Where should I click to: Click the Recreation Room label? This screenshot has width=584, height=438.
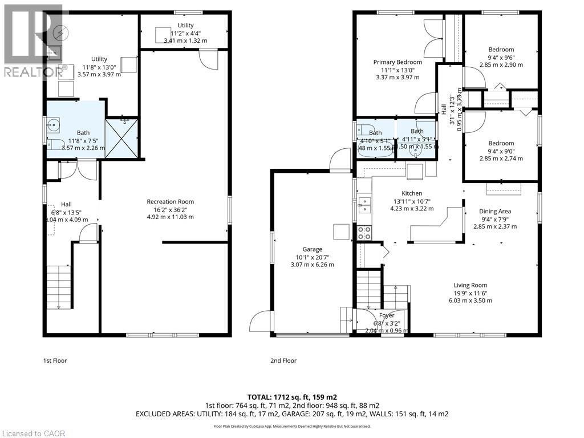[170, 201]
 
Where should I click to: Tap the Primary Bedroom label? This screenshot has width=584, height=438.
[398, 62]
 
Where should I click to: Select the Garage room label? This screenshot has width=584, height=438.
[312, 249]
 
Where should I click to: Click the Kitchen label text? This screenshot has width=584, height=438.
[411, 194]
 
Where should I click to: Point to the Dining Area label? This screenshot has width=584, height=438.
[494, 211]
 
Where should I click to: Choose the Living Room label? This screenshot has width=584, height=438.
[470, 285]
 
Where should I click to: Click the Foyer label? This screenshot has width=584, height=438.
[387, 315]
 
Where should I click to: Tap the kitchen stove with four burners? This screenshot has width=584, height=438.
[364, 233]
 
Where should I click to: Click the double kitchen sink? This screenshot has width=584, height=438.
[364, 204]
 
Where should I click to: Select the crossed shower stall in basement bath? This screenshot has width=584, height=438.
[122, 137]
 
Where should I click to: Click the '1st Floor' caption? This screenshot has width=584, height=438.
[55, 360]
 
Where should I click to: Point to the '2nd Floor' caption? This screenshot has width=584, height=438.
[283, 360]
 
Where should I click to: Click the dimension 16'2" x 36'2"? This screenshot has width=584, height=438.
[170, 209]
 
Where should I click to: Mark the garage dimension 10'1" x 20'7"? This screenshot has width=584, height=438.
[312, 257]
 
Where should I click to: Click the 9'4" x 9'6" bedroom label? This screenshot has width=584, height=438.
[501, 57]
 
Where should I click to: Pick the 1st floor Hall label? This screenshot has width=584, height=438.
[67, 204]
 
